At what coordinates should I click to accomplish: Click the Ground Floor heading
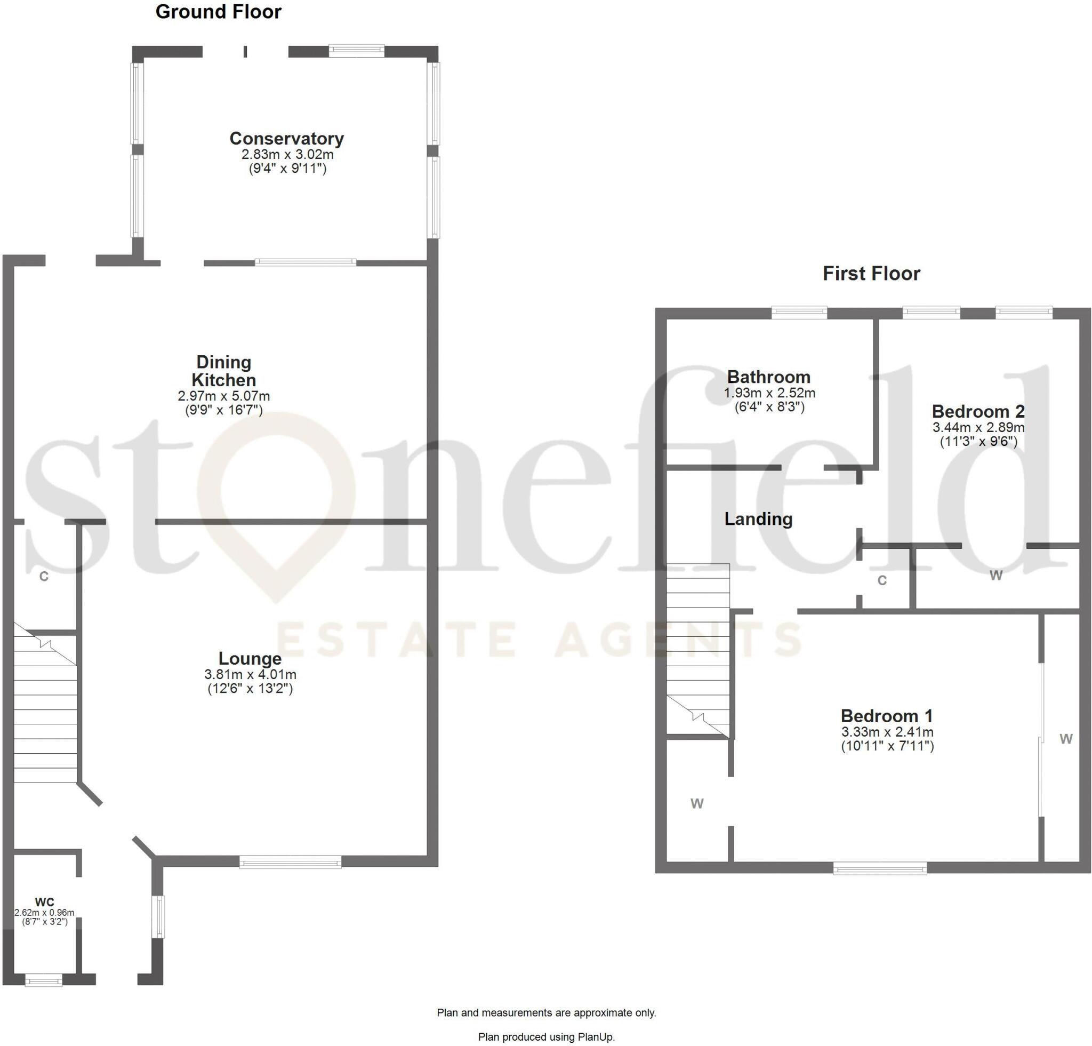pyautogui.click(x=219, y=12)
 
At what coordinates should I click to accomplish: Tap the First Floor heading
pyautogui.click(x=871, y=274)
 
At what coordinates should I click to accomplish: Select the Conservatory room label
pyautogui.click(x=286, y=138)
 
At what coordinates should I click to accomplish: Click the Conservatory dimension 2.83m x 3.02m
pyautogui.click(x=287, y=154)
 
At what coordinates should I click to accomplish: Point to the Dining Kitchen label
pyautogui.click(x=224, y=371)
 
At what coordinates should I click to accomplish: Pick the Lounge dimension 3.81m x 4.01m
pyautogui.click(x=250, y=674)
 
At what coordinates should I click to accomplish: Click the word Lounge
pyautogui.click(x=250, y=659)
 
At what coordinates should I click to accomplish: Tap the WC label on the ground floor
pyautogui.click(x=45, y=901)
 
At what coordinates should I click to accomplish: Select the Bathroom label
pyautogui.click(x=769, y=377)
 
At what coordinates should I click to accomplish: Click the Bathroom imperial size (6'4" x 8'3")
pyautogui.click(x=769, y=407)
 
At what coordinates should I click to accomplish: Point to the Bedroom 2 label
pyautogui.click(x=978, y=411)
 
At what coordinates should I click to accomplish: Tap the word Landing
pyautogui.click(x=758, y=519)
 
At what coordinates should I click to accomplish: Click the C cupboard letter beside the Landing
pyautogui.click(x=882, y=581)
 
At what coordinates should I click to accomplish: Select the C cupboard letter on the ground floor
pyautogui.click(x=44, y=577)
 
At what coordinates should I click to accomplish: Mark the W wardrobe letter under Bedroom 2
pyautogui.click(x=996, y=576)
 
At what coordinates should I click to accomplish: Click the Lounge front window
pyautogui.click(x=290, y=862)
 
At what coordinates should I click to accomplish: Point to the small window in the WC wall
pyautogui.click(x=44, y=979)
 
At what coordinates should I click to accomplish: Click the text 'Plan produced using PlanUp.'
pyautogui.click(x=547, y=1036)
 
